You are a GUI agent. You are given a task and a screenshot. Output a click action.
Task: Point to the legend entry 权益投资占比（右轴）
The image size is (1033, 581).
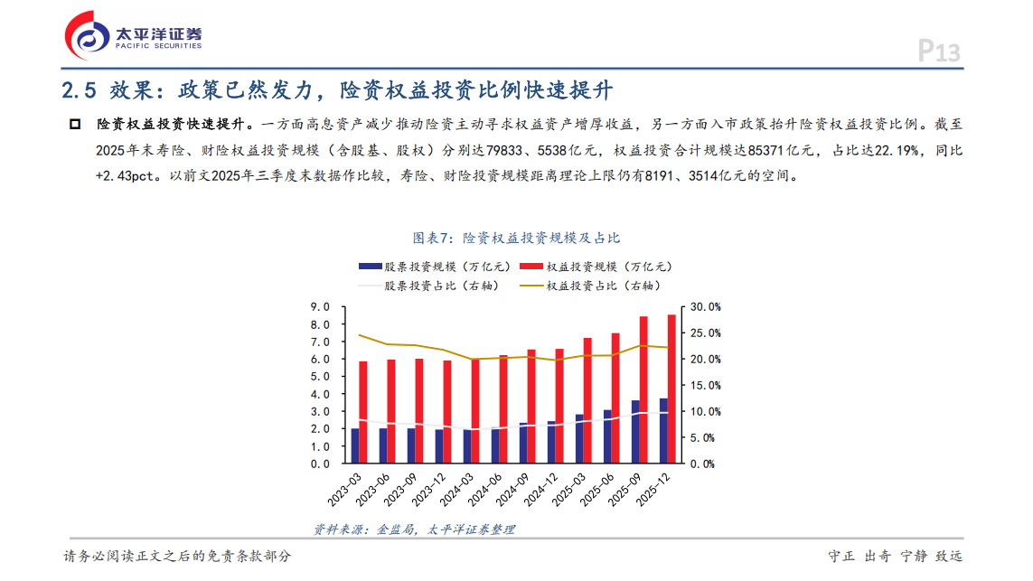coord(603,286)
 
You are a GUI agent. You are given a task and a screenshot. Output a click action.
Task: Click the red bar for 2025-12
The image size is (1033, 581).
coord(670,389)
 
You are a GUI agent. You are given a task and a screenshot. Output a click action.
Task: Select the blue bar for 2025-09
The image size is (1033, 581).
coord(635,432)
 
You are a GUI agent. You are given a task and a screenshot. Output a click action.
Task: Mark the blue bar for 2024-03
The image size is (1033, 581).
coord(467,446)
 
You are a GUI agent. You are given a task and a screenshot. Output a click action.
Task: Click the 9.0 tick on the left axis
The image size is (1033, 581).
coord(319,307)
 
